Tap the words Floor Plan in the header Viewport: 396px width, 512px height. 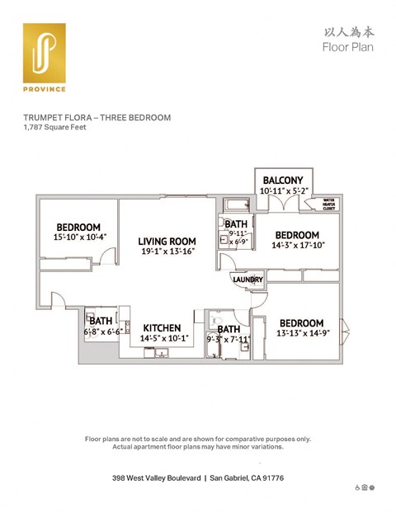(x=347, y=47)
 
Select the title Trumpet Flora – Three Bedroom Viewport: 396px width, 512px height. (x=97, y=118)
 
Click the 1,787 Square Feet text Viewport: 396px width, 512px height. (x=55, y=128)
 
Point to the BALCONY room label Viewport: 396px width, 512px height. (x=283, y=181)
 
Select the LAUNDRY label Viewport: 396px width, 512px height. (x=247, y=280)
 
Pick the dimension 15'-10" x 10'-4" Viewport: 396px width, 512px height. (x=79, y=238)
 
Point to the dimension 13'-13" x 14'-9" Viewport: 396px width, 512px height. (x=304, y=333)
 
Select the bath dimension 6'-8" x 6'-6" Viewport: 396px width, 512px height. (x=102, y=331)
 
